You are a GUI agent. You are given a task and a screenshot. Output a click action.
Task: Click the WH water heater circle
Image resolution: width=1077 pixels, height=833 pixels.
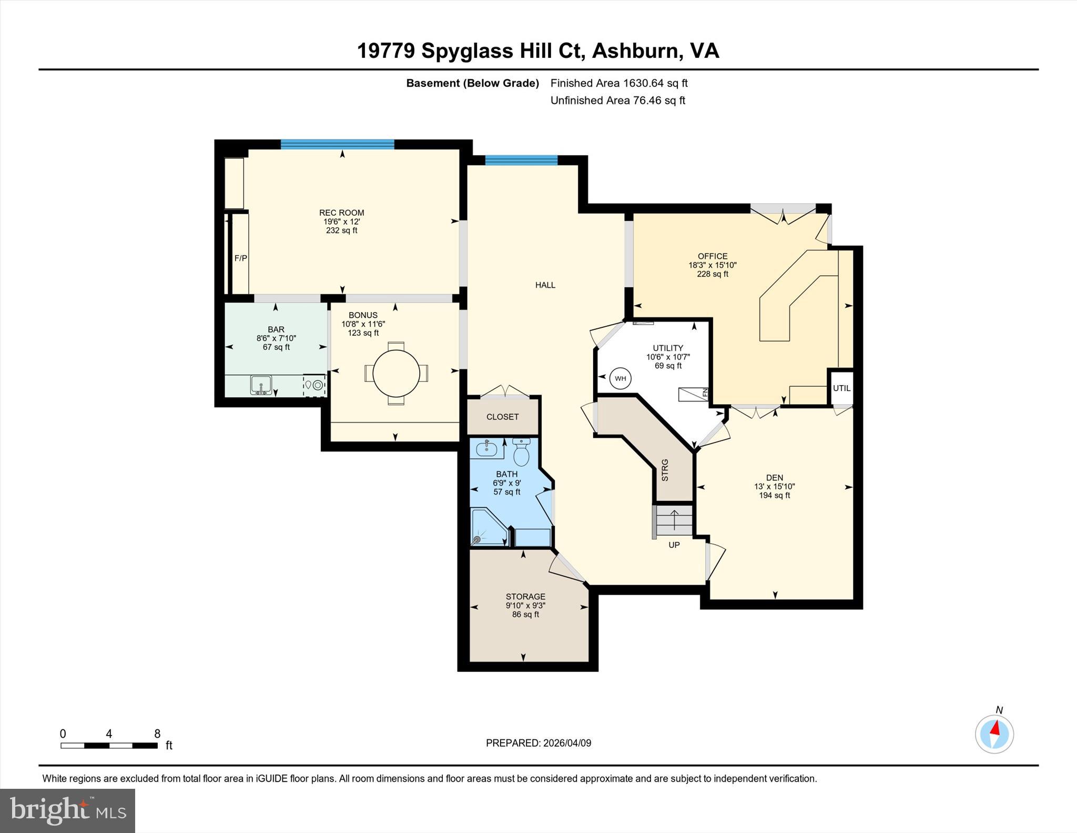[x=621, y=378]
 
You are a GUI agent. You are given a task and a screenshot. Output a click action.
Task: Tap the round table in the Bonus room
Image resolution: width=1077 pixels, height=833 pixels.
[x=396, y=373]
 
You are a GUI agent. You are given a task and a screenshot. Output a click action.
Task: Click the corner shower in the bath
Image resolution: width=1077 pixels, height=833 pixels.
[x=489, y=527]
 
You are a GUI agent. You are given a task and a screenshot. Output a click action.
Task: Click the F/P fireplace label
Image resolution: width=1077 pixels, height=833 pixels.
[x=240, y=258]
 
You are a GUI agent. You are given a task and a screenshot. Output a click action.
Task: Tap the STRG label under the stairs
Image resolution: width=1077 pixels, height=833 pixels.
[x=665, y=470]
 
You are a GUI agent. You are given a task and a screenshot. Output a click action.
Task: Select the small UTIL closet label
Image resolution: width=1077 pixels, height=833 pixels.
[x=841, y=388]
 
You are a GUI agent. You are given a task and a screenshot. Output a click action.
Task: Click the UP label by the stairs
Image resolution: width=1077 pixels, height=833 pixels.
[x=674, y=545]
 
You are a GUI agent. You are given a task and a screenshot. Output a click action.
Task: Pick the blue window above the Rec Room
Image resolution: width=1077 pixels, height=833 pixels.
[x=337, y=144]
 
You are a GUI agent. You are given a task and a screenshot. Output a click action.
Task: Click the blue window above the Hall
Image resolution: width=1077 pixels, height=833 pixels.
[x=521, y=160]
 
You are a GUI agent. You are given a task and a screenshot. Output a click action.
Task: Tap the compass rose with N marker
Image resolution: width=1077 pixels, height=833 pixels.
[x=994, y=734]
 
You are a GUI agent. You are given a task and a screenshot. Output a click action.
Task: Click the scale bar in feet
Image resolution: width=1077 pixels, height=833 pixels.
[x=109, y=745]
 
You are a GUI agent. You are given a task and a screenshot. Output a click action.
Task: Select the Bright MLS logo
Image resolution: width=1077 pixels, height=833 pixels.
[x=68, y=810]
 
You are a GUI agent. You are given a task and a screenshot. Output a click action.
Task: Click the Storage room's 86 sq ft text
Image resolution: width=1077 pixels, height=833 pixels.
[x=525, y=614]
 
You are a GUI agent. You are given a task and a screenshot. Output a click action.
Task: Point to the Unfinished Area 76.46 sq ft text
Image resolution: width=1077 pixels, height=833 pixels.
[x=617, y=100]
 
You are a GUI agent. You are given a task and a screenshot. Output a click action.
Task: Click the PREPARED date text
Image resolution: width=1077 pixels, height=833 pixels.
[x=538, y=743]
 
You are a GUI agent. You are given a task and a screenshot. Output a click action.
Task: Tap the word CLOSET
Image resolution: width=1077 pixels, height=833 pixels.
[x=502, y=417]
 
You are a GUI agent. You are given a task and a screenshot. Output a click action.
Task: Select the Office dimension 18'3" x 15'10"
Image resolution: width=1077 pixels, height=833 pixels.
[x=712, y=265]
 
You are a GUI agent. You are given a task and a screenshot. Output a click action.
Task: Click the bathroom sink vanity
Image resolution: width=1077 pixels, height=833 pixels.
[x=487, y=449]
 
